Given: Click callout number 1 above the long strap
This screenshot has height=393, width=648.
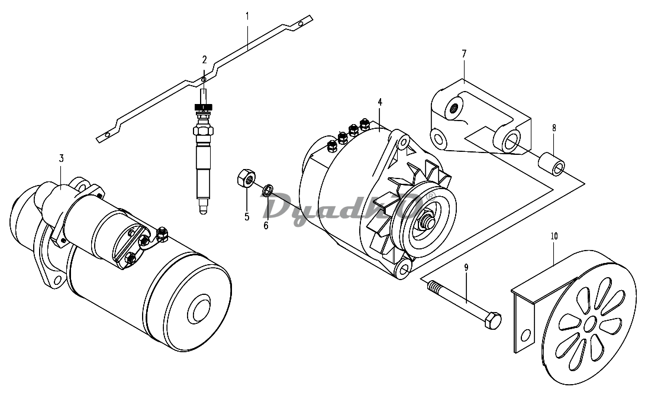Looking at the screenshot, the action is tap(247, 17).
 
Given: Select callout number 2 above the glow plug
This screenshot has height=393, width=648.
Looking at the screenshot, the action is tap(204, 60).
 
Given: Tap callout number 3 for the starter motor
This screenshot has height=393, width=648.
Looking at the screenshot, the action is tap(61, 158).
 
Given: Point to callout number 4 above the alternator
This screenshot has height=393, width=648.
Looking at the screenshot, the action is tap(380, 102).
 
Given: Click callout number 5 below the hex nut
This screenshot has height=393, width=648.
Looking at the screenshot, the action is tap(247, 217).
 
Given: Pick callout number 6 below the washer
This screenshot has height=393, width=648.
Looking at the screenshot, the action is tap(266, 225).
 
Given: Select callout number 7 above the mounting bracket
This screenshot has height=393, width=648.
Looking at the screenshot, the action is tap(464, 54).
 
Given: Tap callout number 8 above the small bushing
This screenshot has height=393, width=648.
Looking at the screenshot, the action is tap(554, 128).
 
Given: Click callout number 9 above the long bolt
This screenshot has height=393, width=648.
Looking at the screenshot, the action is tap(466, 268).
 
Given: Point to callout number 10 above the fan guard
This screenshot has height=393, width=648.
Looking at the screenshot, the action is tap(554, 236).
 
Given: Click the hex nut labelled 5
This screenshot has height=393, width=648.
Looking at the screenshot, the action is tap(246, 178).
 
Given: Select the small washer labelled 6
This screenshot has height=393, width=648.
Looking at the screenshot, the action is tap(268, 190).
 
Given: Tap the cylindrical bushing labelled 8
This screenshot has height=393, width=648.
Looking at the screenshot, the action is tap(551, 164).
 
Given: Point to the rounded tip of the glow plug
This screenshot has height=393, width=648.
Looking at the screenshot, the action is tap(202, 210).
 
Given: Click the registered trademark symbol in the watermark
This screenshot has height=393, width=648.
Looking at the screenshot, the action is tap(431, 196).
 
